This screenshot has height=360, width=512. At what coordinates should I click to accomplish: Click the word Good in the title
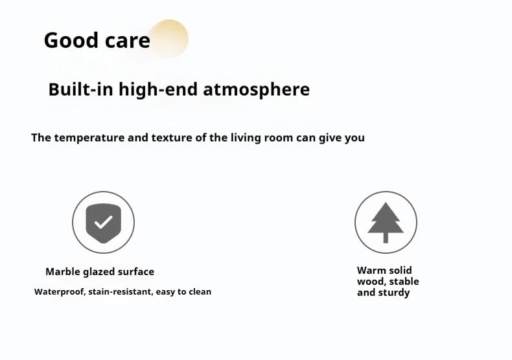coord(71,40)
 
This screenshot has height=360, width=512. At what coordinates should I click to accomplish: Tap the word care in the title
coord(128,41)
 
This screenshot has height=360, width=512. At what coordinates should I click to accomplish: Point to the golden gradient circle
coord(169,38)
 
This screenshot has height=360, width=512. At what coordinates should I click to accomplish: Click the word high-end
coord(158,89)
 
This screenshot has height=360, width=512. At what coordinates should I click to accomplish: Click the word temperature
coord(89,138)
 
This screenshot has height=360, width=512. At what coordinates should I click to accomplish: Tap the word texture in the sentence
coord(172,138)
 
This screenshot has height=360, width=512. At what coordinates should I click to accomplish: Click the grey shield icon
coord(103,223)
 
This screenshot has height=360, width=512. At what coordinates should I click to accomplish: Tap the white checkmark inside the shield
coord(103,222)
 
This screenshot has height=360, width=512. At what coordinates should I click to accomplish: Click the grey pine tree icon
coord(386,222)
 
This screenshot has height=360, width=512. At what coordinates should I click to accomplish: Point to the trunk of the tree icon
coord(386,238)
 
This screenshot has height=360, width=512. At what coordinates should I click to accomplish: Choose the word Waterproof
coord(60,292)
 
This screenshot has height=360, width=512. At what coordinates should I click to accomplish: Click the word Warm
coord(371,271)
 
